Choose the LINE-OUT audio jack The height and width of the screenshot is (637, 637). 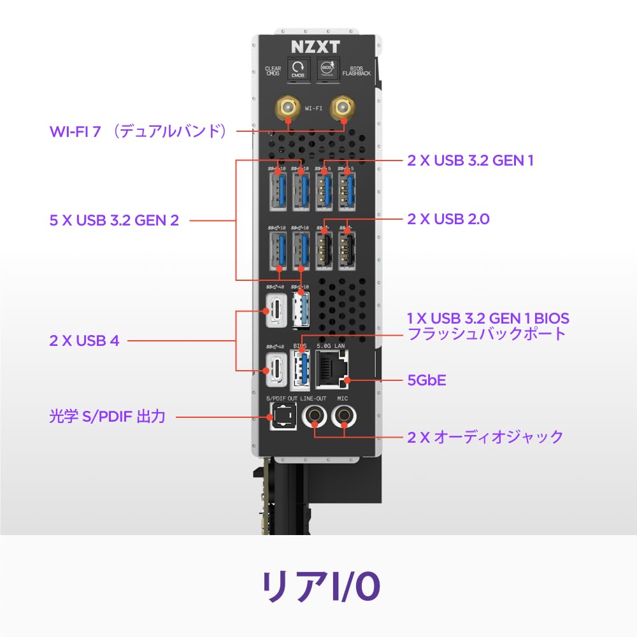tap(315, 417)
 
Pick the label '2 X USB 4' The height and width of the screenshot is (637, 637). tap(85, 341)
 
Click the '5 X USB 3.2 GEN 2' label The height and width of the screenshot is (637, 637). tap(114, 220)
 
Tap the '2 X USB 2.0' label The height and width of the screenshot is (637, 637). tap(448, 219)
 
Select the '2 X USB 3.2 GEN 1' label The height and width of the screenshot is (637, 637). tap(470, 161)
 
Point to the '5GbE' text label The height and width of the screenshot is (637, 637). tap(427, 381)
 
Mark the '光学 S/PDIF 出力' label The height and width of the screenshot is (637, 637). tap(107, 417)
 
